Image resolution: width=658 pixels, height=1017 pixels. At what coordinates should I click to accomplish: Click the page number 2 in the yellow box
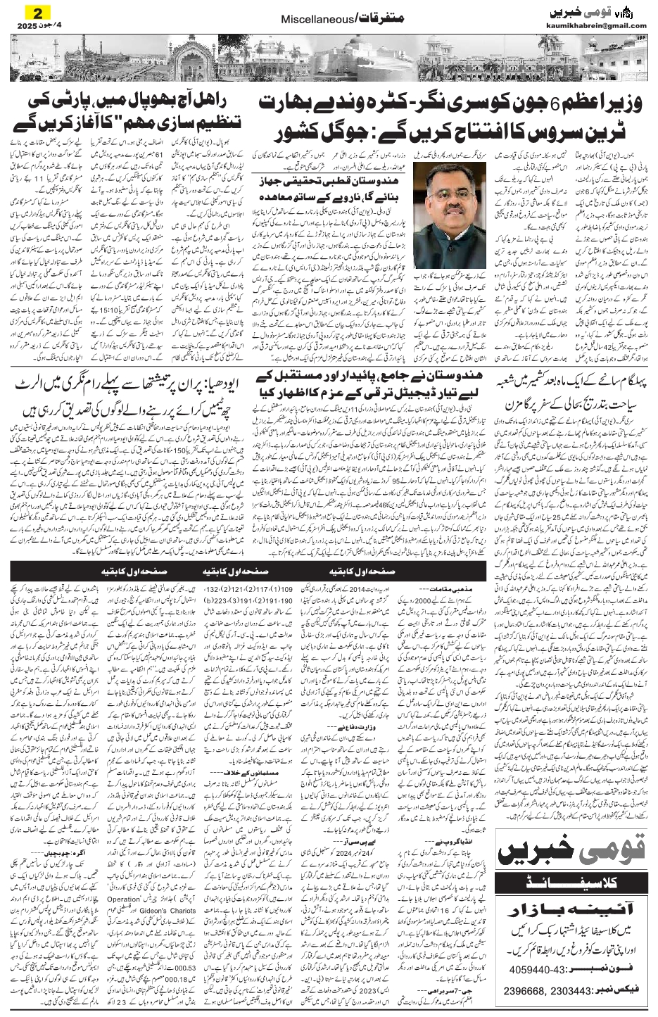[x=30, y=11]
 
